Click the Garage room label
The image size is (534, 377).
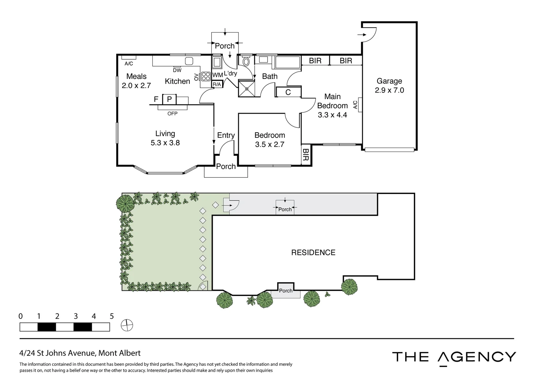[x=389, y=81]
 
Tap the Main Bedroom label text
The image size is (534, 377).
[x=332, y=101]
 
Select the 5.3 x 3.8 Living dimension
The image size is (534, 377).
[x=165, y=143]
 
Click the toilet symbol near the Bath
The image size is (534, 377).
[x=246, y=61]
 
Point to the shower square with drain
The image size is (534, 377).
[x=247, y=89]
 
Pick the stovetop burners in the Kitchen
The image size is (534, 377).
[x=206, y=76]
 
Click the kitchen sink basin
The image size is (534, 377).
[x=189, y=61]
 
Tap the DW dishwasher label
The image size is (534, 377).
[x=177, y=70]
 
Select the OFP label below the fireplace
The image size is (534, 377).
[x=173, y=114]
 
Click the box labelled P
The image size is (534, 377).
[x=169, y=99]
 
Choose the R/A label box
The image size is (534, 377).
[x=217, y=84]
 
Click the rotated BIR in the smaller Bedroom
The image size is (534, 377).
[x=306, y=155]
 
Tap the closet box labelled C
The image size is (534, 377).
[x=288, y=92]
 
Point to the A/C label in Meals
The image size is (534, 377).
[x=129, y=64]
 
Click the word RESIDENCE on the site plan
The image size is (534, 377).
[x=313, y=253]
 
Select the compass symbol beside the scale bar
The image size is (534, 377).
[x=127, y=325]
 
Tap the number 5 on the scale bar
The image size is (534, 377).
[x=112, y=316]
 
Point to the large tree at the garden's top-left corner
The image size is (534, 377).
[x=125, y=203]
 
